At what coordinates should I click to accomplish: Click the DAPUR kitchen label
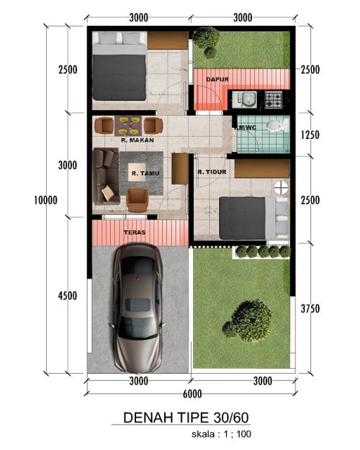coord(217,79)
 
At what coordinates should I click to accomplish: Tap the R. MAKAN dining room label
coord(138,140)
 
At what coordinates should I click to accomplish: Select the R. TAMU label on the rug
coord(145,174)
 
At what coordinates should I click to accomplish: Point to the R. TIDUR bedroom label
coord(212,172)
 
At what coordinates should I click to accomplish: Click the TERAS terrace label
coord(135,232)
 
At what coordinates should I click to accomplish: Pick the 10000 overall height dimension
coord(45,200)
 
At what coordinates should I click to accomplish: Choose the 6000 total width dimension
coord(192,394)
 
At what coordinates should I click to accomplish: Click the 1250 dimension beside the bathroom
coord(310,135)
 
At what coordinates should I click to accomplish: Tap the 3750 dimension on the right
coord(310,309)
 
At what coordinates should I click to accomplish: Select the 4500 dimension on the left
coord(68,296)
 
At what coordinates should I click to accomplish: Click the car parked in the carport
coord(138,308)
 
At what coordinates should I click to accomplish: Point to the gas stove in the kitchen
coord(273,99)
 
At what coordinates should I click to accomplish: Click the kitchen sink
coord(244,99)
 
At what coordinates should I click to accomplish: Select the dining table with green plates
coord(128,126)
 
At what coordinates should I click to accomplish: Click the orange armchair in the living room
coord(138,200)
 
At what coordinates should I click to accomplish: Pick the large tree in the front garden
coord(248,321)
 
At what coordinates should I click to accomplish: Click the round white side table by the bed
coord(281,187)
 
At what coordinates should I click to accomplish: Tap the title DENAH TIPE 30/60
coord(186,418)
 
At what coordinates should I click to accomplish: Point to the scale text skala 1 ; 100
coord(221,434)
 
